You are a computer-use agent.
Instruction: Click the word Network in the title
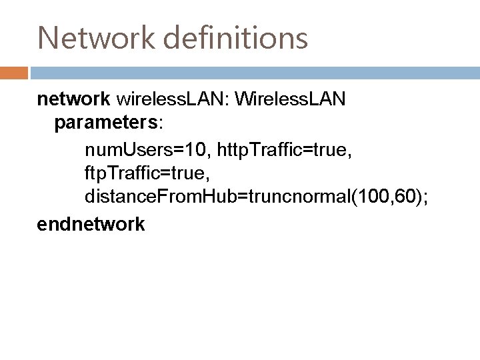coord(91,37)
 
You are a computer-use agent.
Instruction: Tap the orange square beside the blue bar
coord(14,72)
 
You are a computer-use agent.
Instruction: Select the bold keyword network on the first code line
coord(73,99)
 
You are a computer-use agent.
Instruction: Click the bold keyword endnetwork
coord(91,224)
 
